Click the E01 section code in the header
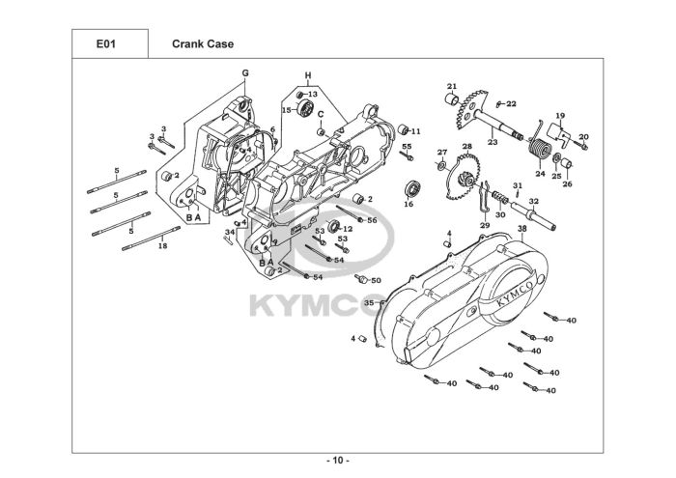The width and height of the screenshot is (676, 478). click(105, 43)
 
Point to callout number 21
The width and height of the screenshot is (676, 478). click(451, 87)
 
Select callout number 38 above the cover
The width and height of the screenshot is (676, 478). click(521, 229)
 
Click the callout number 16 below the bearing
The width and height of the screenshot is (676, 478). click(408, 204)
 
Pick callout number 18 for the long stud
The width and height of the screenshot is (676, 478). click(162, 246)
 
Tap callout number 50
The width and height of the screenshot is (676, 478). click(377, 280)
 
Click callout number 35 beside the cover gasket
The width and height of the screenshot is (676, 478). click(368, 303)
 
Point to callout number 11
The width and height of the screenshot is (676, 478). click(416, 131)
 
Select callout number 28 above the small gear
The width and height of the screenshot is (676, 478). click(466, 147)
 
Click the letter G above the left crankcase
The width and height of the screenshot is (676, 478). click(245, 73)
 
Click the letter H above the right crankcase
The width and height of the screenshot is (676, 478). click(308, 75)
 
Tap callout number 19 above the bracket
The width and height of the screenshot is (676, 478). click(559, 116)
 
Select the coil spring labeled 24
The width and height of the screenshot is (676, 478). click(542, 149)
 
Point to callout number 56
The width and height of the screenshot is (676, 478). click(372, 220)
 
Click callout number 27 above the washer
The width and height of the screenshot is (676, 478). click(441, 153)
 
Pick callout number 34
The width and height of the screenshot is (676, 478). click(230, 232)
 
